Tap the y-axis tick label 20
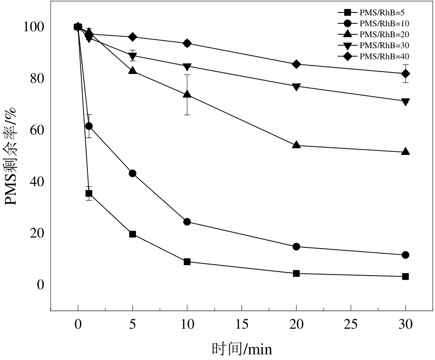click(x=36, y=233)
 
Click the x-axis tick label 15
click(x=241, y=323)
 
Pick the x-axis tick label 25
click(x=351, y=323)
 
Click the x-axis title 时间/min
click(x=242, y=348)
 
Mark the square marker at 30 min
click(x=405, y=277)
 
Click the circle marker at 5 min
click(x=133, y=173)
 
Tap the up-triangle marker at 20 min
click(x=296, y=145)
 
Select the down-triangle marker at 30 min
click(x=405, y=102)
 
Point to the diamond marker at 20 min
click(x=296, y=64)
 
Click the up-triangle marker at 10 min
click(x=187, y=94)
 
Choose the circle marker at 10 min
click(x=187, y=221)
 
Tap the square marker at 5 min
click(x=133, y=234)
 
